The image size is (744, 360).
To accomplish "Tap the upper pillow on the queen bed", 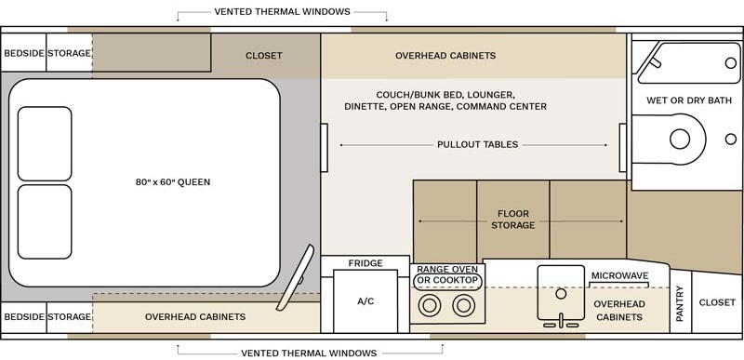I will click(45, 143).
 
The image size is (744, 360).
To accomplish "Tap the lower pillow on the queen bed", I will click(45, 221).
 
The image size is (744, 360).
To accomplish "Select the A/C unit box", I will click(365, 301).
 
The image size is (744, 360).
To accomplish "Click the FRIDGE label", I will click(365, 263).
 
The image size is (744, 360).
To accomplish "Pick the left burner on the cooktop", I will click(431, 305).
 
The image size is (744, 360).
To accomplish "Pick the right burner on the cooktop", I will click(462, 305).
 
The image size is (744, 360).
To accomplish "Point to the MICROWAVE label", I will click(619, 276).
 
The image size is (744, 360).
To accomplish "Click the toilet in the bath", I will click(684, 140).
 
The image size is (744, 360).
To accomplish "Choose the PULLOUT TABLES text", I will click(477, 145).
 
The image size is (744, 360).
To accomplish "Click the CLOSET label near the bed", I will click(263, 56).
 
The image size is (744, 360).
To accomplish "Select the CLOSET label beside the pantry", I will click(717, 302).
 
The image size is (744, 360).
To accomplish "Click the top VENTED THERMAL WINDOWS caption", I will click(282, 12).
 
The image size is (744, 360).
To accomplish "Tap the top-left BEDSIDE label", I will click(23, 54).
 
